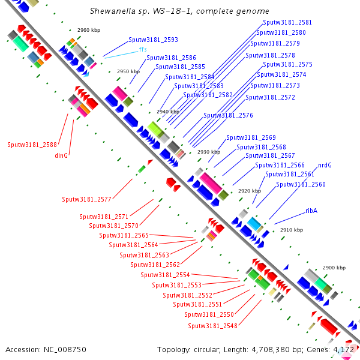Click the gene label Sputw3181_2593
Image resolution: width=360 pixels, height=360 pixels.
[153, 40]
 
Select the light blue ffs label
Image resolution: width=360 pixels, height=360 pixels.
[142, 49]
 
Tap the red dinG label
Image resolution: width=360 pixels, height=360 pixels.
[61, 155]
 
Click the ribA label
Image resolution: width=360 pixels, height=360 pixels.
[311, 211]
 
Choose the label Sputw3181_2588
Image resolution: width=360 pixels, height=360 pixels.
[32, 145]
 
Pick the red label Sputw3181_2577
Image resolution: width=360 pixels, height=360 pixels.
[86, 199]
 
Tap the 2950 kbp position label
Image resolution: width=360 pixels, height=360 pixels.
[128, 71]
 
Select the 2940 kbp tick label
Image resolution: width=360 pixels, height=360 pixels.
[167, 112]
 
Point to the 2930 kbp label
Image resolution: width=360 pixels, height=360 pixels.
[208, 152]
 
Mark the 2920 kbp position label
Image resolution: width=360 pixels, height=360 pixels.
[249, 191]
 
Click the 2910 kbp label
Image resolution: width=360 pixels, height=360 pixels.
[292, 230]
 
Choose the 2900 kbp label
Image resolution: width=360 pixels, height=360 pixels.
[334, 268]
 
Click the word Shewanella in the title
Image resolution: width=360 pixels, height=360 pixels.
[111, 11]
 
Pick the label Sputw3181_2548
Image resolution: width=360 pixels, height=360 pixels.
[212, 326]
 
